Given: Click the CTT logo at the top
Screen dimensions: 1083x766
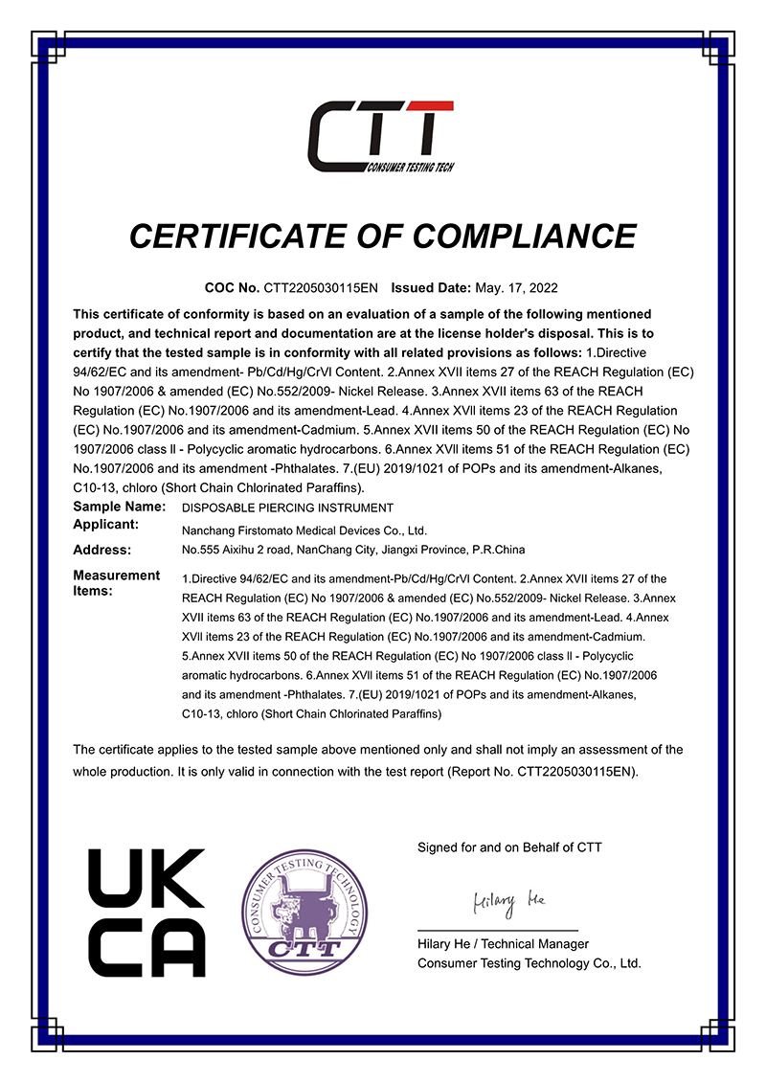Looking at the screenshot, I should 381,137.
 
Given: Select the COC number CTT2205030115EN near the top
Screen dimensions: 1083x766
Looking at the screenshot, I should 322,287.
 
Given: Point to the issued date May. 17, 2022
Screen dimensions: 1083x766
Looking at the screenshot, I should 516,287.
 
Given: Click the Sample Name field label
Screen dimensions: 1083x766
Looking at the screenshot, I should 120,507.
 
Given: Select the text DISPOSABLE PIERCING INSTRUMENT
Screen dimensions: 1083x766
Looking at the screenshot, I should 287,508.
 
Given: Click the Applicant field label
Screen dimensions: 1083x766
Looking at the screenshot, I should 106,525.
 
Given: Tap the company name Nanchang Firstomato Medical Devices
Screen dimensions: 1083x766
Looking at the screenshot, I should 304,530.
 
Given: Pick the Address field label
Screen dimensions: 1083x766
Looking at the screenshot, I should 101,550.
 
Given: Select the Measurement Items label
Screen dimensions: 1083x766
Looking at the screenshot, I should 116,582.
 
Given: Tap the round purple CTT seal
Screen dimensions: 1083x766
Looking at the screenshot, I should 303,911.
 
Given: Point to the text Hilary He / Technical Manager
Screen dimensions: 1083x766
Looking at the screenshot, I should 503,944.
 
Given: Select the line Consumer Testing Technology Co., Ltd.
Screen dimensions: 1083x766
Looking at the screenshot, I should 529,963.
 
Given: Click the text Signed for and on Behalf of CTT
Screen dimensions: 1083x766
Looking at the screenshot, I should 509,847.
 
